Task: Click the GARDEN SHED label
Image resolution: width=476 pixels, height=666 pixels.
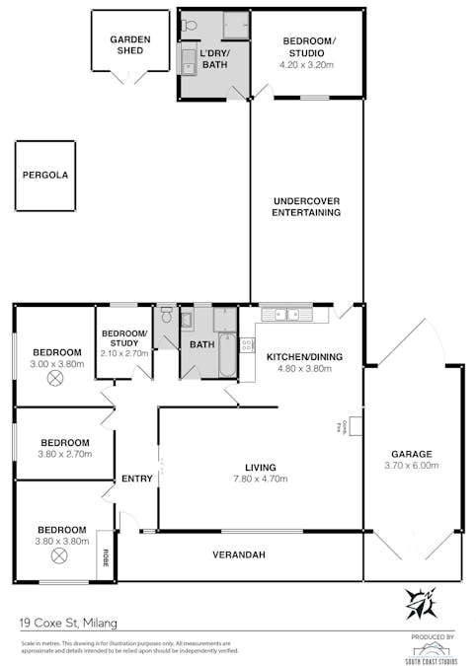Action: (x=129, y=45)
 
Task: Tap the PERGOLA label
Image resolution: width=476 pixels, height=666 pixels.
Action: (x=45, y=175)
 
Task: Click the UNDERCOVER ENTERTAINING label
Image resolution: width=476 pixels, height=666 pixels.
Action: (x=306, y=206)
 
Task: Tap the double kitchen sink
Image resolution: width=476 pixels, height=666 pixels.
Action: (x=286, y=315)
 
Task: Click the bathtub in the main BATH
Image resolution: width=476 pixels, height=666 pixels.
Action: (x=225, y=357)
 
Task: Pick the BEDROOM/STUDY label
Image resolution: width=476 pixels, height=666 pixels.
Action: (x=124, y=338)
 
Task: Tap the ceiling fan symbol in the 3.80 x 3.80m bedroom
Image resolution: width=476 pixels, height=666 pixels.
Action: (x=57, y=555)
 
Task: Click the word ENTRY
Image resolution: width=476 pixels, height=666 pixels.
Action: (x=136, y=479)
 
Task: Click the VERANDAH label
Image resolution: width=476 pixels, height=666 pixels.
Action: (x=239, y=555)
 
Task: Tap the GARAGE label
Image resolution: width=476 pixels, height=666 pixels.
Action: (x=412, y=455)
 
